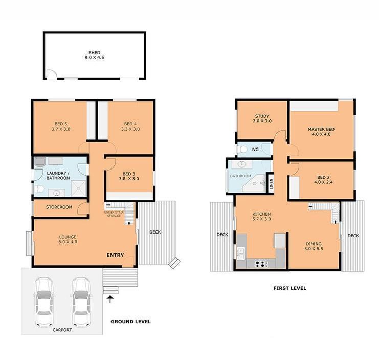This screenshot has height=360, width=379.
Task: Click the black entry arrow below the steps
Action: [110, 299]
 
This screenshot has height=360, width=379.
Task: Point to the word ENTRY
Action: [115, 255]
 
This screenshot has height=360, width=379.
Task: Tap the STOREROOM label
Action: [59, 207]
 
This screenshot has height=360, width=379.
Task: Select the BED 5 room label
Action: [61, 126]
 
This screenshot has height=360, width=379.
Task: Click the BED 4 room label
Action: [130, 126]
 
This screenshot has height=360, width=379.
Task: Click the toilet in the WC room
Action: [244, 150]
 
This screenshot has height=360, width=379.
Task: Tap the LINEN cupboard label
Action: [272, 183]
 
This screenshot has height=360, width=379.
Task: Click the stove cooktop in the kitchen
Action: [260, 264]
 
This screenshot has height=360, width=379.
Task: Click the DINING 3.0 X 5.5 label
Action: [314, 246]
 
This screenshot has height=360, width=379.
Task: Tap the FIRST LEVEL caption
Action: [289, 288]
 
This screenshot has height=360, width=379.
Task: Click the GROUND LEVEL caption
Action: [131, 322]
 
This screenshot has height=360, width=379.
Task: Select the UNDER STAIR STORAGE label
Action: [113, 214]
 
